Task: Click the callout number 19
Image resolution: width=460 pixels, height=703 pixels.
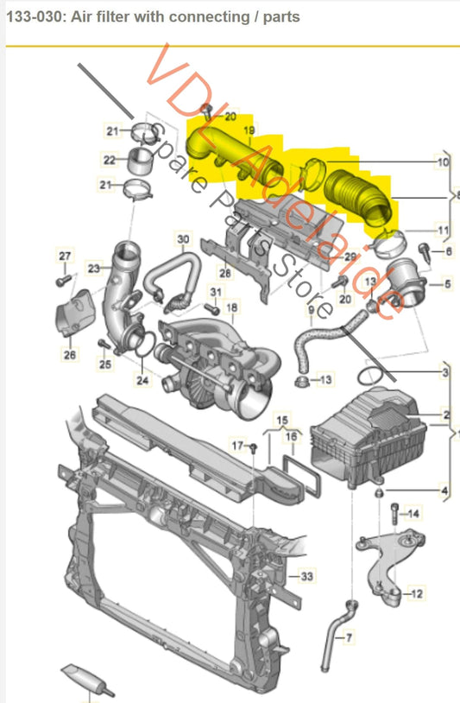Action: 250,130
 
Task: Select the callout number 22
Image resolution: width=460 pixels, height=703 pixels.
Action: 110,159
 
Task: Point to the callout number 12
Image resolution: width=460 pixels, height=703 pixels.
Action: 417,594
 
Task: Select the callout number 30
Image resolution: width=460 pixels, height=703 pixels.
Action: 182,239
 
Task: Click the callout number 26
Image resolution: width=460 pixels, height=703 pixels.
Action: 71,353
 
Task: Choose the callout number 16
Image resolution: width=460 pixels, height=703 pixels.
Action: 291,439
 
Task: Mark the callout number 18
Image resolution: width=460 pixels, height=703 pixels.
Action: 231,308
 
